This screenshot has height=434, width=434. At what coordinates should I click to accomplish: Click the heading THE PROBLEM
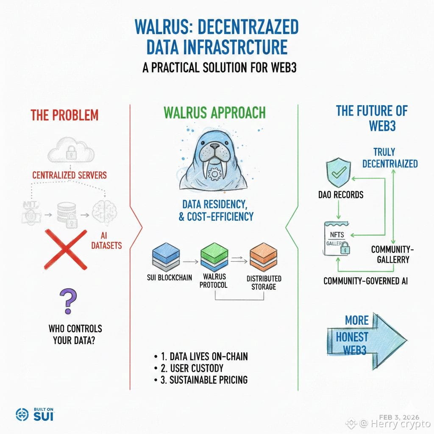point(64,115)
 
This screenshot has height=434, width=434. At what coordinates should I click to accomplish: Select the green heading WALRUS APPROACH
point(214,113)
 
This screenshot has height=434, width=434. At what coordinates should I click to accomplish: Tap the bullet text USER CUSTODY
point(196,368)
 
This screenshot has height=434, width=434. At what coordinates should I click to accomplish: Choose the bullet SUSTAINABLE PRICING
point(208,380)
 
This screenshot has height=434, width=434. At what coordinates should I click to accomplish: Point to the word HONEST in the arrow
point(352,337)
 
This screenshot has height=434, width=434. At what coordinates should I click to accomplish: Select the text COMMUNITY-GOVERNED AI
point(365,281)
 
